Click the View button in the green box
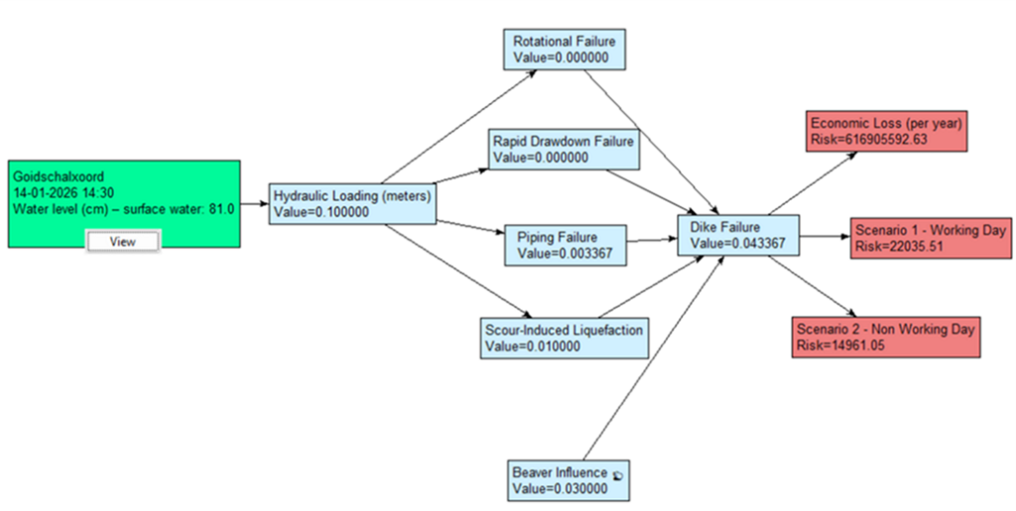coord(122,241)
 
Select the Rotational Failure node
coord(564,50)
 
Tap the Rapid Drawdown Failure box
coord(563,148)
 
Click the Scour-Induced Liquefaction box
coord(564,338)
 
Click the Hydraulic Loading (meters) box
coord(351,203)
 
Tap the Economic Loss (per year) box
coord(887,131)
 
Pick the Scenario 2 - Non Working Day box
coord(885,336)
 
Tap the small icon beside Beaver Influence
coord(618,474)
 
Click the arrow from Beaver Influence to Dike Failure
coord(654,357)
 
